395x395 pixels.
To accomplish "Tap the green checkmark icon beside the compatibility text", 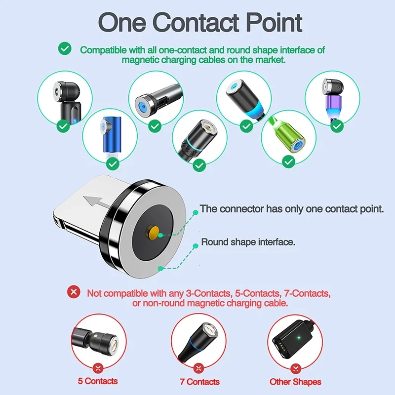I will click(64, 49).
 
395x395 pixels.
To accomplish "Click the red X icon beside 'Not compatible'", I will click(74, 292).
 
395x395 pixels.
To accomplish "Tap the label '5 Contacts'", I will click(98, 381).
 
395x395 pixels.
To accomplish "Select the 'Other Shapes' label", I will click(295, 382).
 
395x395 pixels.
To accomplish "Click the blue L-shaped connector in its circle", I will click(107, 136).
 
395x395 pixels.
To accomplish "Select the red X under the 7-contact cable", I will click(198, 368).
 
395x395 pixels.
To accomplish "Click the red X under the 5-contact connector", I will click(97, 368).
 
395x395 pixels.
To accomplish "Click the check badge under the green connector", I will click(289, 161).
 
